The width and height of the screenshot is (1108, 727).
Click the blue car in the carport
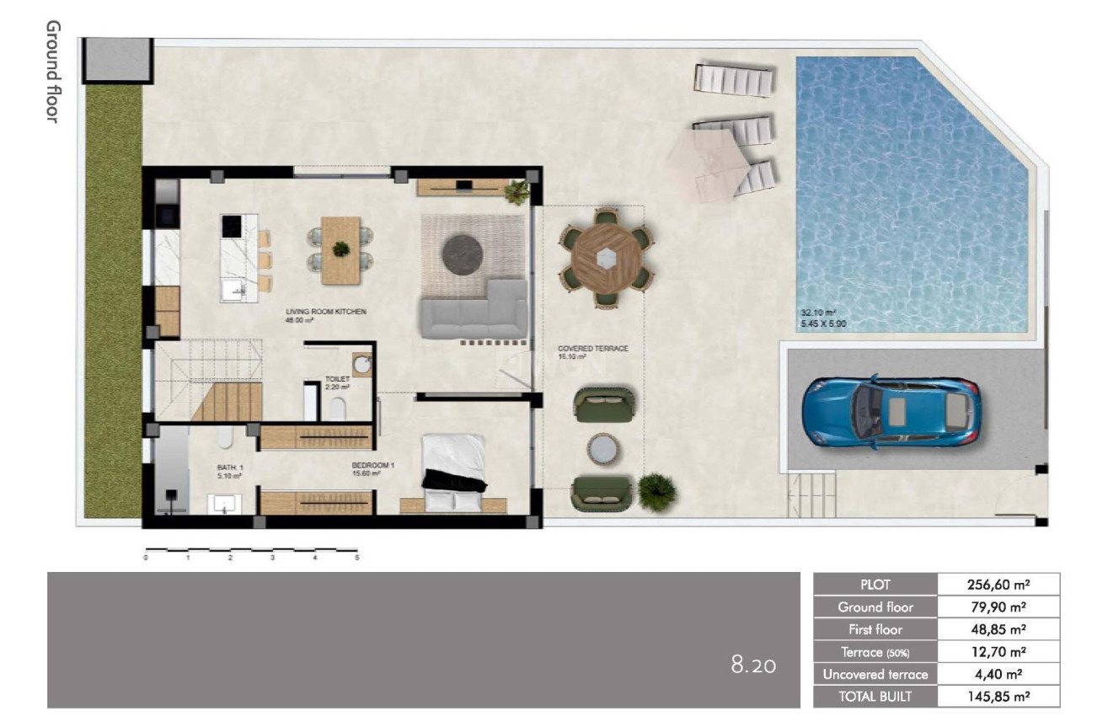pos(891,412)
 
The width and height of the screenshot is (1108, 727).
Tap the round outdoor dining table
pos(605,259)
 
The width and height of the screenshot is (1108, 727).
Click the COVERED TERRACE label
pos(592,348)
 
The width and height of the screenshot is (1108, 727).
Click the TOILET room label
pos(337,379)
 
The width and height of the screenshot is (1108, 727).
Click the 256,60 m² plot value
pos(998,584)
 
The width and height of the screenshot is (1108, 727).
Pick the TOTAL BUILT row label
pos(875,697)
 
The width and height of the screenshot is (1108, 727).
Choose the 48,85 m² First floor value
pos(998,629)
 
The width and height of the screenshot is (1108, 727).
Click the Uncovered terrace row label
pos(875,674)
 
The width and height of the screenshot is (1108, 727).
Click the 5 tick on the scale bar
pos(357,558)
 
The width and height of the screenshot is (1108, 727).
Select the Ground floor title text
pos(52,72)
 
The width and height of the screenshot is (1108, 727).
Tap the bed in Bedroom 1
pos(453,473)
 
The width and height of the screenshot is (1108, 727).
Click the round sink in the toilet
pos(362,366)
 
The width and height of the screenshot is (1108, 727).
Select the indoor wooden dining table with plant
pos(340,249)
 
